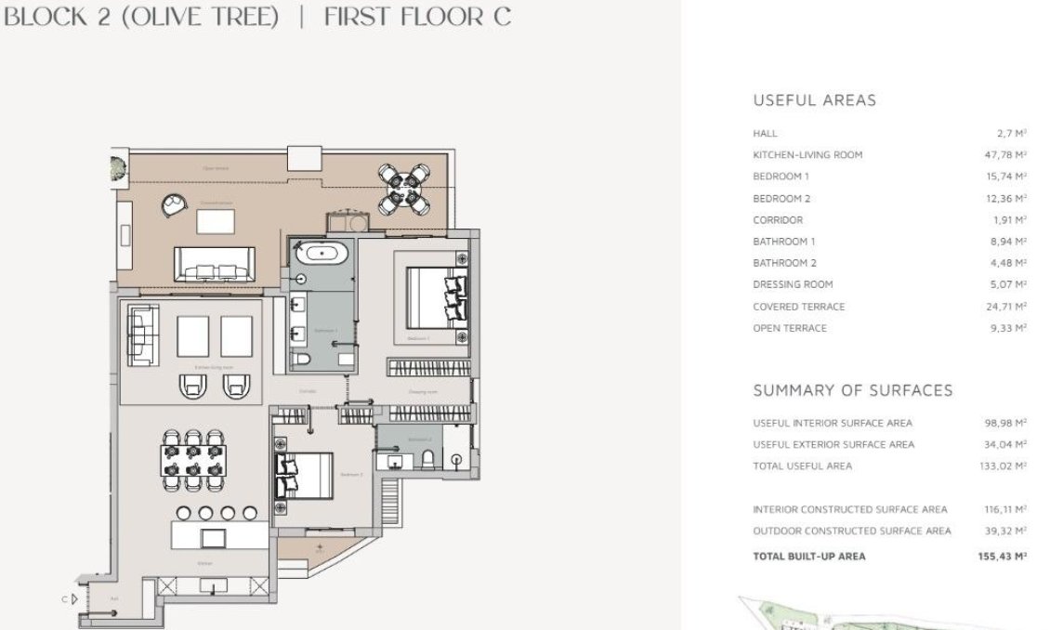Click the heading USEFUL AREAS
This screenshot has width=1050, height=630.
(x=814, y=100)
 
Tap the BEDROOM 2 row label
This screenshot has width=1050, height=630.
(x=781, y=199)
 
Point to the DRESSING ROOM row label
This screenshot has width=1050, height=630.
(x=793, y=284)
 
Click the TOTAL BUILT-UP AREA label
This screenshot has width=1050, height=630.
(x=808, y=557)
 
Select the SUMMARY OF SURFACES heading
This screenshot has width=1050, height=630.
(x=852, y=390)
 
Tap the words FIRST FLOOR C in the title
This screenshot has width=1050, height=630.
(x=417, y=18)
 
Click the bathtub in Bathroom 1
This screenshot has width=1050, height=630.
(x=320, y=252)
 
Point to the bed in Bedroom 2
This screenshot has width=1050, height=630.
(x=304, y=475)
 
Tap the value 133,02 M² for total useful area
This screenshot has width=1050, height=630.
(x=1003, y=466)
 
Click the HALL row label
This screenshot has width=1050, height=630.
(x=765, y=134)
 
